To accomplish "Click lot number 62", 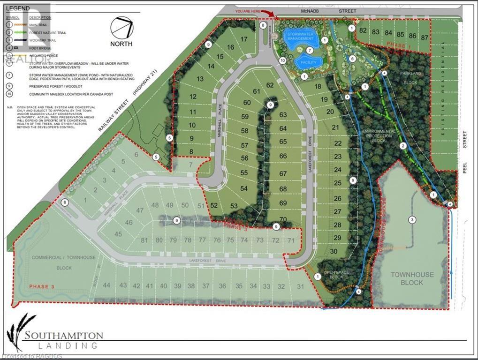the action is click(x=270, y=85).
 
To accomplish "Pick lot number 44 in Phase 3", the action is click(x=107, y=285).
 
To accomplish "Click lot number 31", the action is click(x=301, y=286).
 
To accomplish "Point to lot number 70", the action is click(x=283, y=219).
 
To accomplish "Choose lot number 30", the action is click(x=334, y=251).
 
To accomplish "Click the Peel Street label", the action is click(x=465, y=139).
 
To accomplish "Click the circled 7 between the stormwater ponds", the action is click(x=309, y=50).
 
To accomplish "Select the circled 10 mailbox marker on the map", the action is click(x=282, y=60).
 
